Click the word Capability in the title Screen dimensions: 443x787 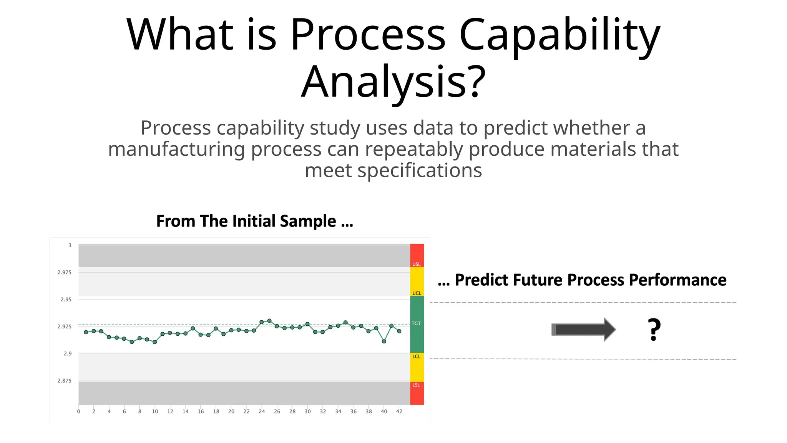[x=559, y=35]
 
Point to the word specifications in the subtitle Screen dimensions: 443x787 [x=420, y=170]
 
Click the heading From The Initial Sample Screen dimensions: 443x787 [x=254, y=221]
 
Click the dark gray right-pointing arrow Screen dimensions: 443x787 [x=583, y=330]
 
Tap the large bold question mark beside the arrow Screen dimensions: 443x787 [x=654, y=330]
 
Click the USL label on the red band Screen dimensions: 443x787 [x=417, y=264]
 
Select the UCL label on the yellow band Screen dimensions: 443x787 [x=417, y=293]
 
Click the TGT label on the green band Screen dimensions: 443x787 [x=416, y=323]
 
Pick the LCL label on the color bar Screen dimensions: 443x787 [x=417, y=356]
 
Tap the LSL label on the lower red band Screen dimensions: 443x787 [x=416, y=385]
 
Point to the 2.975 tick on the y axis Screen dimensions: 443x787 [x=64, y=272]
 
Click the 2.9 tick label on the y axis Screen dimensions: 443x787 [x=68, y=353]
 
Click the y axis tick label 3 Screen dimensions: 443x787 [x=70, y=245]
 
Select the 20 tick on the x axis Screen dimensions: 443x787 [x=231, y=411]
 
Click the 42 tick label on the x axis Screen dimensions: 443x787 [x=399, y=411]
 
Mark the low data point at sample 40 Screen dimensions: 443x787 [x=384, y=341]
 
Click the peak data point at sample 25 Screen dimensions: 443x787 [x=269, y=321]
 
